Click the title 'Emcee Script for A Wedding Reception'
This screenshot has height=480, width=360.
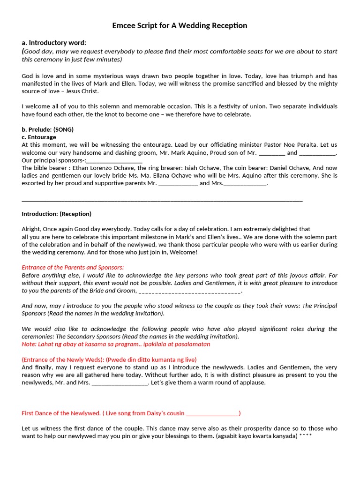(180, 25)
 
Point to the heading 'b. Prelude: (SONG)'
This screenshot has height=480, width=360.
(47, 129)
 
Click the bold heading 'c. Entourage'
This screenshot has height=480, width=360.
(39, 137)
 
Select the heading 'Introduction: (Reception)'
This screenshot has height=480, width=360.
(56, 214)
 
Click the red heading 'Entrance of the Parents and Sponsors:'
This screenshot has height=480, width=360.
(73, 267)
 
